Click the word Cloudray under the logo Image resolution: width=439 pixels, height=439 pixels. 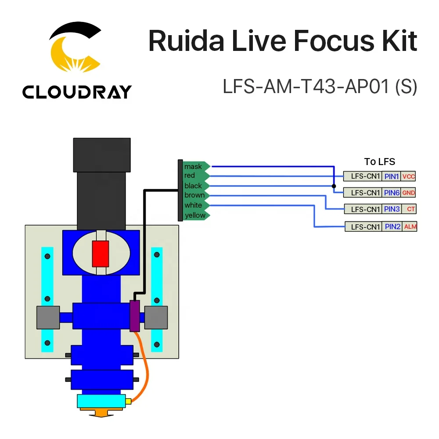(x=77, y=92)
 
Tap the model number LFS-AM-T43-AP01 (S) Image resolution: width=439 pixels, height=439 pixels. (x=320, y=86)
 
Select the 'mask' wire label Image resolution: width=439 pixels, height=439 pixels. (x=193, y=166)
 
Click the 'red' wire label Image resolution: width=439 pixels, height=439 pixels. (x=190, y=176)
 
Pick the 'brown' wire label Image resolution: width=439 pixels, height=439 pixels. (x=194, y=195)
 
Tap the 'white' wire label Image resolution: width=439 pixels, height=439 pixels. (x=193, y=205)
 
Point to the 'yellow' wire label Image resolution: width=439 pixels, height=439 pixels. (x=195, y=215)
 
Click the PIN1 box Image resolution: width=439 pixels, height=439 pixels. (x=391, y=176)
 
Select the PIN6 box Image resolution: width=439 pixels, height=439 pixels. (x=391, y=192)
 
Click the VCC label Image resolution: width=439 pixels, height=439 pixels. (x=408, y=176)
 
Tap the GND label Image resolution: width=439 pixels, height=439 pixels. (x=408, y=192)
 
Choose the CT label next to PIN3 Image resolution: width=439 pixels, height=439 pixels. (x=410, y=209)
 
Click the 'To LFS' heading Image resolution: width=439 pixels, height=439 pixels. (x=379, y=162)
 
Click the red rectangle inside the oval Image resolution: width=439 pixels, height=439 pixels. (x=101, y=253)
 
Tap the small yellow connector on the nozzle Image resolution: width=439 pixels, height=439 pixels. (x=129, y=401)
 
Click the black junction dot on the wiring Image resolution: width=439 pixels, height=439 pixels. (x=334, y=186)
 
